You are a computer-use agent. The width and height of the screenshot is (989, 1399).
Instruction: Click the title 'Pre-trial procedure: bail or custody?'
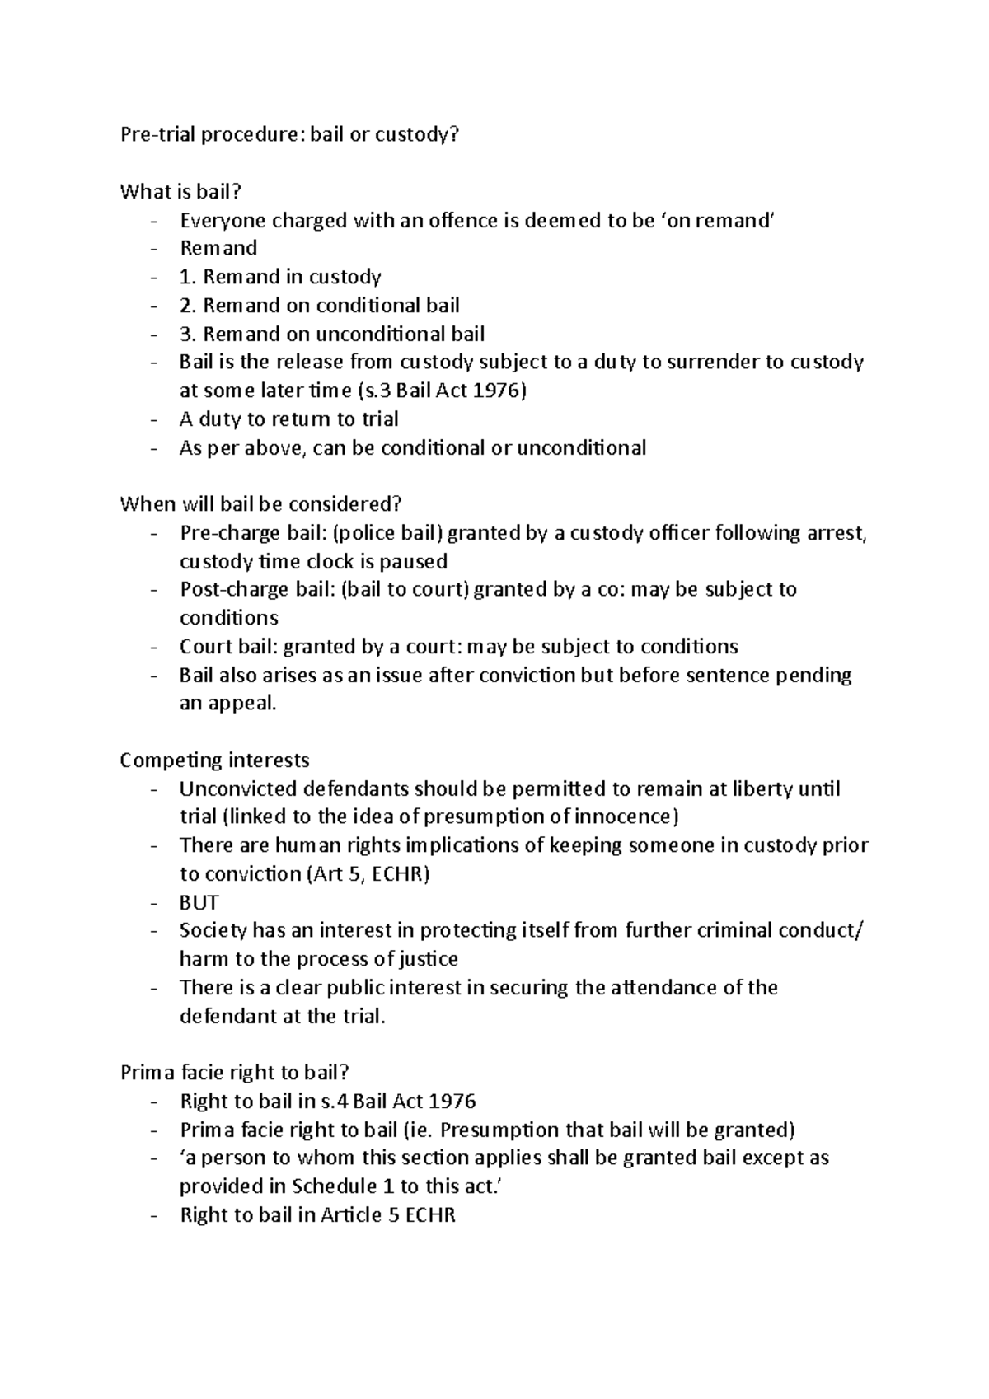pos(288,134)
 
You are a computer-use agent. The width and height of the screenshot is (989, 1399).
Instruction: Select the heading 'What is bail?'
pos(180,192)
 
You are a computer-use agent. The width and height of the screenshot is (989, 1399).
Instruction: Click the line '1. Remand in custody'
pos(280,277)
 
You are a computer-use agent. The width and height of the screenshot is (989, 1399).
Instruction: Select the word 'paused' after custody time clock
pos(413,562)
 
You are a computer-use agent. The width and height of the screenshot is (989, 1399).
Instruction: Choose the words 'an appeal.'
pos(228,704)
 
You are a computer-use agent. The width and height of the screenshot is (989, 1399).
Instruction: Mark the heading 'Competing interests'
pos(214,760)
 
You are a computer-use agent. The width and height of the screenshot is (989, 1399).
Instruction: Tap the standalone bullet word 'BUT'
pos(199,902)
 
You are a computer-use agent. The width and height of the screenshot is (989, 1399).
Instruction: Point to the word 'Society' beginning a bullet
pos(213,931)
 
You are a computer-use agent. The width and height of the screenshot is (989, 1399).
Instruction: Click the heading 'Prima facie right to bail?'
pos(235,1073)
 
